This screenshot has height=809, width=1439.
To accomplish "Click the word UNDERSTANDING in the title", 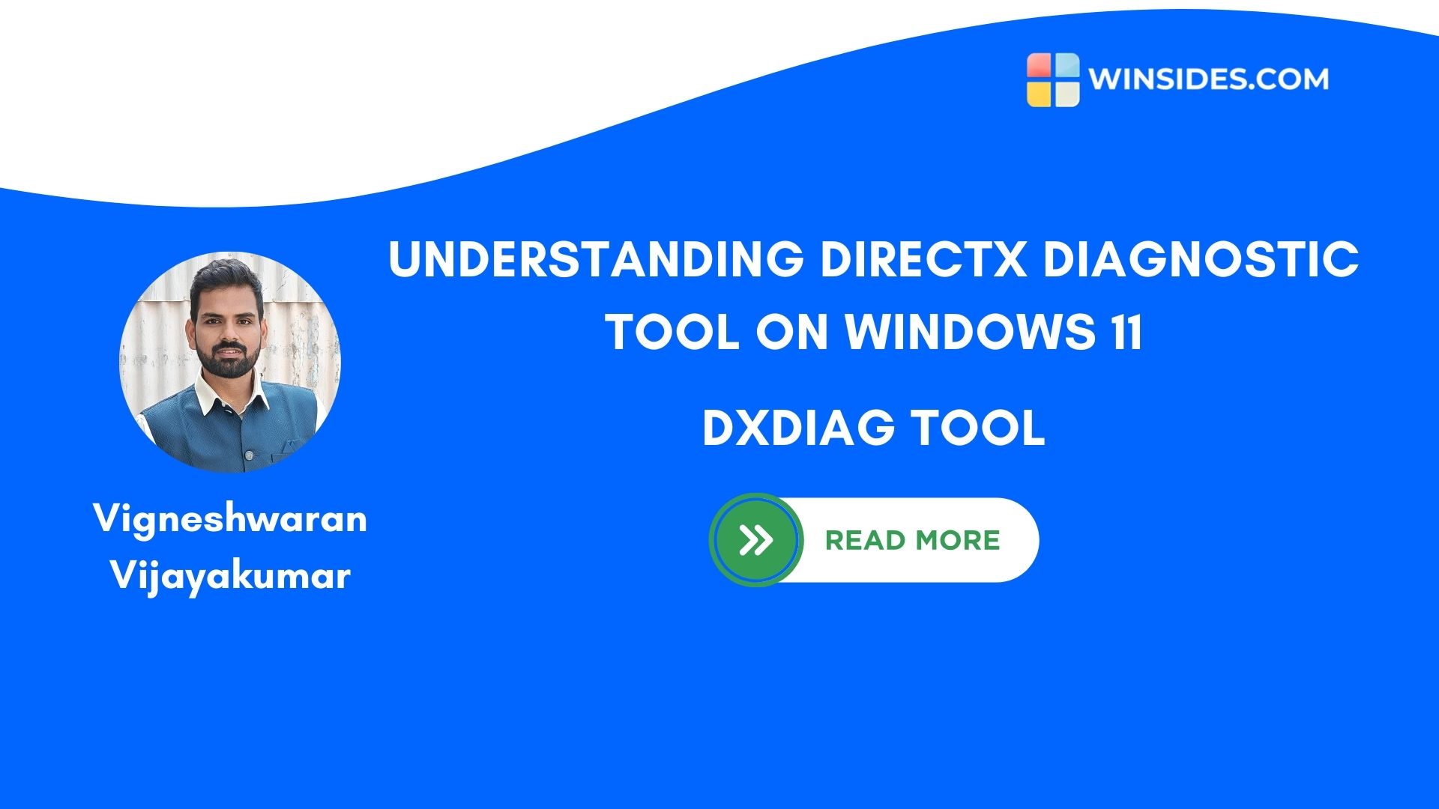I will click(596, 259).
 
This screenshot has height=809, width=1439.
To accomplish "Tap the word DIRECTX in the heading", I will click(923, 259).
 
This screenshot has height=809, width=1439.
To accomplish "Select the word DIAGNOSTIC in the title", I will click(1201, 259).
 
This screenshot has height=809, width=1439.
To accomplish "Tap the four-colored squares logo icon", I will click(1053, 79).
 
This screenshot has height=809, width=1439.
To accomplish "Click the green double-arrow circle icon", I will click(755, 540).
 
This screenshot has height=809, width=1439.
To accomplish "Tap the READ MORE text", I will click(912, 540).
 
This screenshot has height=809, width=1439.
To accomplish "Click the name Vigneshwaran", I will click(230, 519).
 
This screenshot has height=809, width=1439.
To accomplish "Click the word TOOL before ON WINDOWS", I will click(672, 332).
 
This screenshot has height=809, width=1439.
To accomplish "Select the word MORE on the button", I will click(958, 540).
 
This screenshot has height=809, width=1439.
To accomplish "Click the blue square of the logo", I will click(1066, 67).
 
